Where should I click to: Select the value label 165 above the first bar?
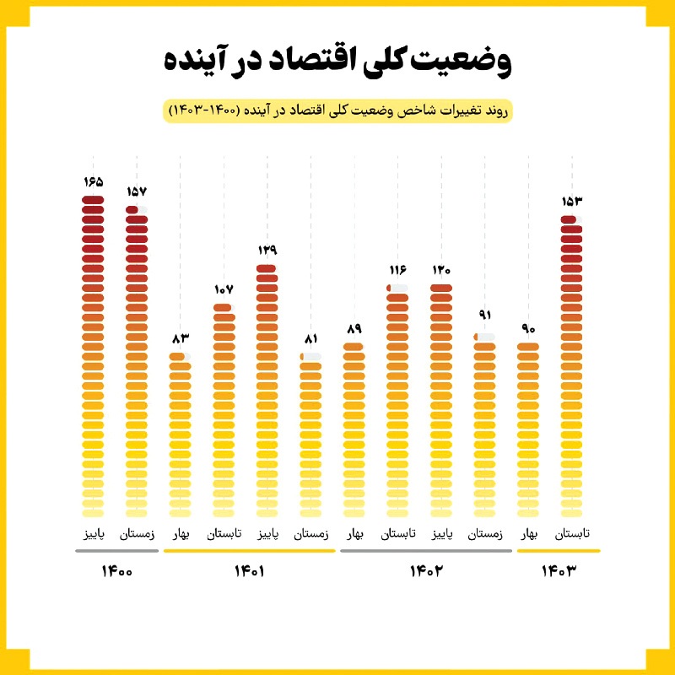(93, 182)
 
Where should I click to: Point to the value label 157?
(137, 192)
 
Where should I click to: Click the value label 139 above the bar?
(267, 251)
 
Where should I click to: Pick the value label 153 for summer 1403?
(571, 202)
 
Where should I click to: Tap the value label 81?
(310, 338)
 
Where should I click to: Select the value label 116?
(397, 270)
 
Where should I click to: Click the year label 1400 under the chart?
(116, 572)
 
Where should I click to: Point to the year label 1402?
(426, 572)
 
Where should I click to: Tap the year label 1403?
(558, 572)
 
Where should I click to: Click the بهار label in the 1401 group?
(181, 534)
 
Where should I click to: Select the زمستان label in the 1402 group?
(485, 534)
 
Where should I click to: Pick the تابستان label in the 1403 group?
(572, 534)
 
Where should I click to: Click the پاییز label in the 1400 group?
(93, 534)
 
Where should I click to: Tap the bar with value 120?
(441, 401)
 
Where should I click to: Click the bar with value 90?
(528, 430)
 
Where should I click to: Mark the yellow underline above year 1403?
(558, 551)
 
